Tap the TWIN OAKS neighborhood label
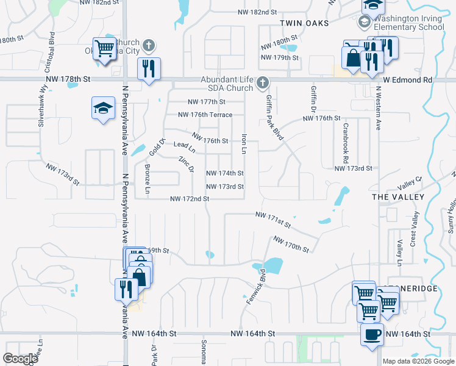pos(304,23)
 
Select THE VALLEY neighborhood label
pos(397,197)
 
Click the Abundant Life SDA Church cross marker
pos(263,82)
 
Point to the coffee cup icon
pos(372,334)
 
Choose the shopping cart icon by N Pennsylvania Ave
pos(105,49)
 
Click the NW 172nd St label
pos(190,199)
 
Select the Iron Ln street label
pos(244,144)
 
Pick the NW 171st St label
pos(273,219)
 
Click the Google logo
pos(20,359)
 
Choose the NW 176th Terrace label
pos(205,115)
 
